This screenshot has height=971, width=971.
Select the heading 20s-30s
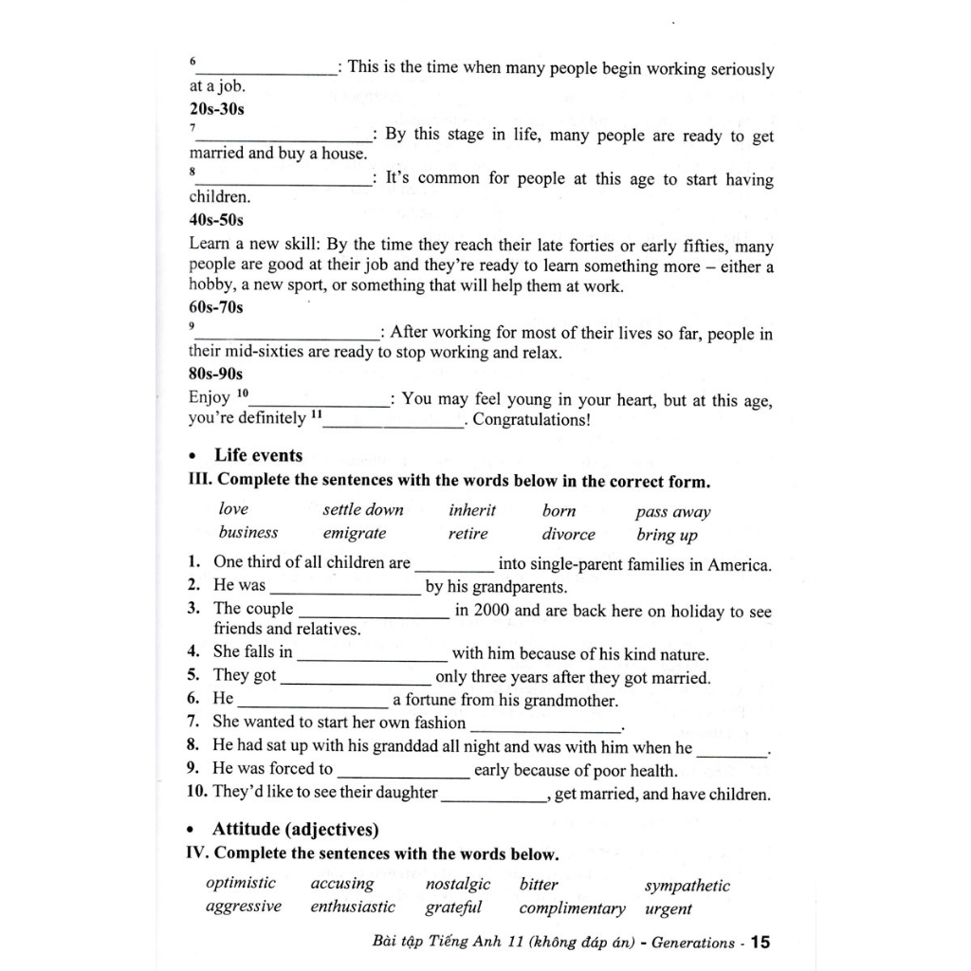(x=217, y=109)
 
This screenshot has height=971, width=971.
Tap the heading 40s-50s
(x=217, y=220)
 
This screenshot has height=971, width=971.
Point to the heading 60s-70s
(x=217, y=307)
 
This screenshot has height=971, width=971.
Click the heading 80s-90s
(x=217, y=374)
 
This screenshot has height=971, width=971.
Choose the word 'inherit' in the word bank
(x=472, y=510)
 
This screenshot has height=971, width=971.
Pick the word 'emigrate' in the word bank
(x=355, y=534)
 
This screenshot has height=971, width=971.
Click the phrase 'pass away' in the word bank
(x=673, y=512)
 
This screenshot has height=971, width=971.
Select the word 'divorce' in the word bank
(x=569, y=535)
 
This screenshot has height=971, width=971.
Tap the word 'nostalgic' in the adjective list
(x=458, y=884)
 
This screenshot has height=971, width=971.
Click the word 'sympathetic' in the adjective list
(x=687, y=886)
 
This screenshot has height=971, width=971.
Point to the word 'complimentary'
(x=573, y=908)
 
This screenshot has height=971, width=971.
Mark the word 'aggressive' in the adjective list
(x=244, y=907)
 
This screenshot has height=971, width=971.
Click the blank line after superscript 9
(x=286, y=337)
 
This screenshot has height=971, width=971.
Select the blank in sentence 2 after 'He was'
(x=345, y=592)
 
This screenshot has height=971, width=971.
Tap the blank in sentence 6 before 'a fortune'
(x=313, y=705)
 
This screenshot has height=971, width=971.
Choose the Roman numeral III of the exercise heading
(x=200, y=481)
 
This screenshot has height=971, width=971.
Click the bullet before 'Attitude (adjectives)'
(x=193, y=831)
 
